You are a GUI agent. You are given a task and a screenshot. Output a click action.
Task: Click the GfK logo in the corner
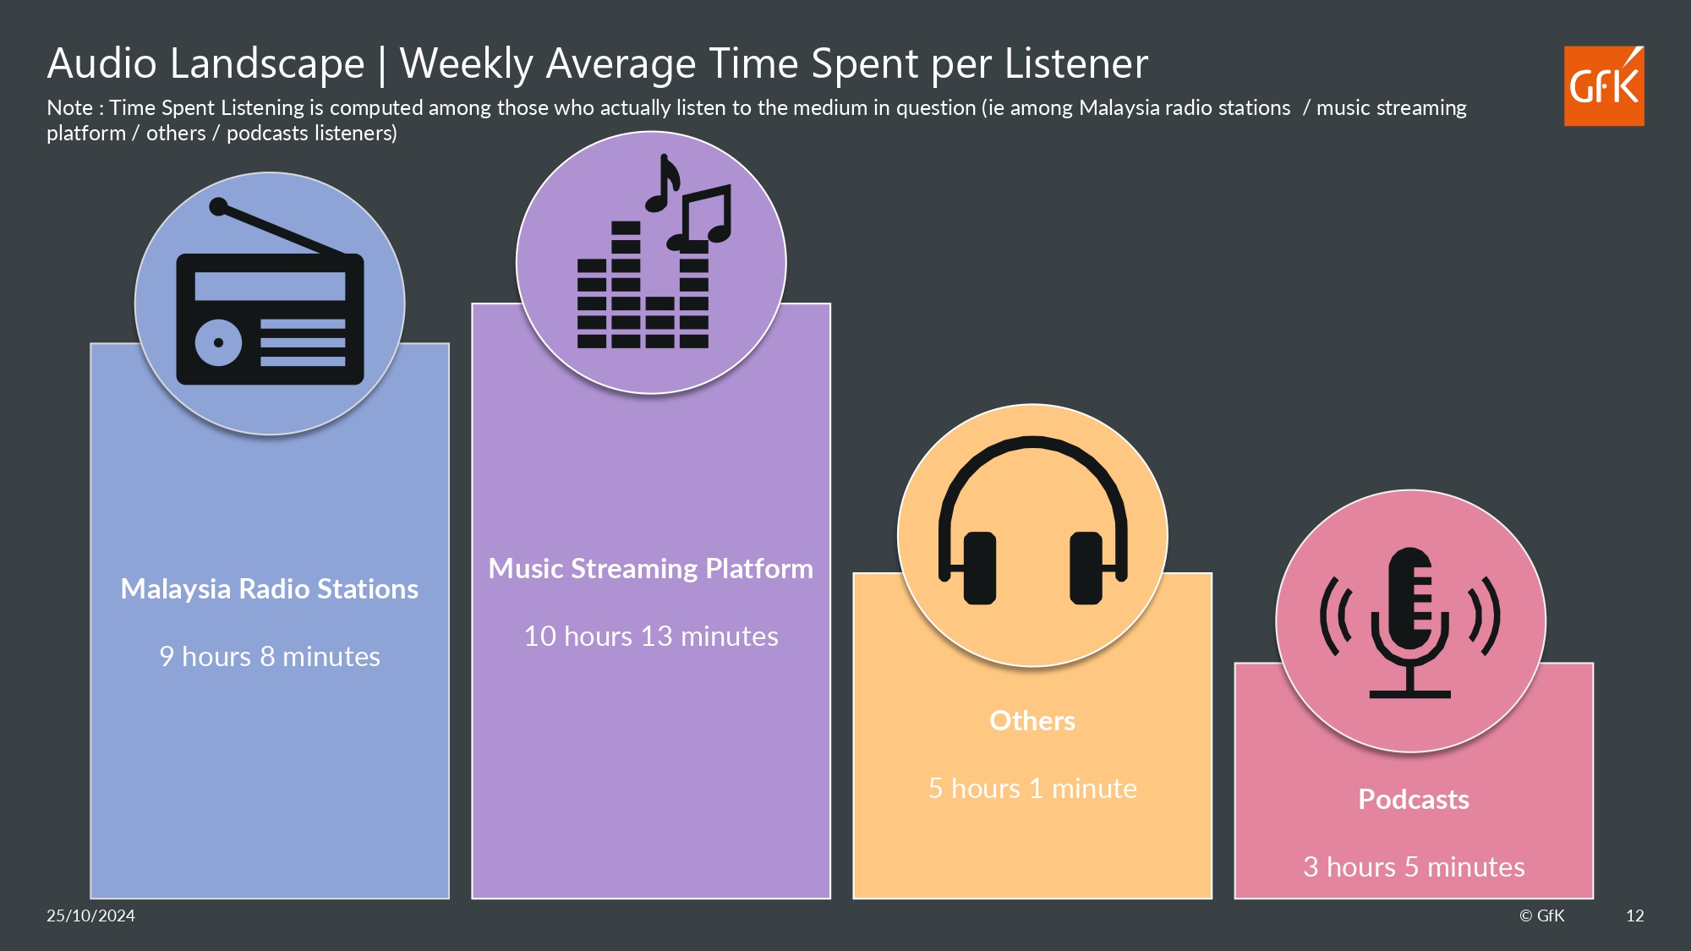coord(1604,86)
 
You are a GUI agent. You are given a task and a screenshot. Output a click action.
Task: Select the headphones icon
coord(1032,521)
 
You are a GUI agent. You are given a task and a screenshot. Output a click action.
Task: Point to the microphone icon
coord(1409,622)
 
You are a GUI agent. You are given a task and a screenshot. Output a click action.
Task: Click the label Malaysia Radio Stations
coord(270,589)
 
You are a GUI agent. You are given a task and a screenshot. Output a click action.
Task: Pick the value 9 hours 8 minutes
coord(270,657)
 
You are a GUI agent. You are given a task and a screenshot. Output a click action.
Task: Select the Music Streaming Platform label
coord(651,569)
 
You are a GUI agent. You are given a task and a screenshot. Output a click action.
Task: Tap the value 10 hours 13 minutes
coord(651,637)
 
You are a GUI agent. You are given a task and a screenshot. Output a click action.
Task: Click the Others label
coord(1032,721)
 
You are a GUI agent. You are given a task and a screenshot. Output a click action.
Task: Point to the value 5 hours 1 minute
coord(1032,789)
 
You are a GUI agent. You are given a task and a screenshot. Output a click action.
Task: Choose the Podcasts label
coord(1414,800)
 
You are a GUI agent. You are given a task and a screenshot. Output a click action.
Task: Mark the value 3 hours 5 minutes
coord(1414,867)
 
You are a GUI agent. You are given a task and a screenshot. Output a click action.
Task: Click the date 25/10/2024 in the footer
coord(90,915)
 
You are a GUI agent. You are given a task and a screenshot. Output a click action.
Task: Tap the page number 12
coord(1635,915)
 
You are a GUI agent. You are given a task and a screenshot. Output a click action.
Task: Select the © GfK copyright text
coord(1542,915)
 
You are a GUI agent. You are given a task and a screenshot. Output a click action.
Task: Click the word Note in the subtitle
coord(69,108)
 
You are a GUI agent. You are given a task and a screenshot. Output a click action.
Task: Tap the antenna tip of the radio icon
coord(218,206)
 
